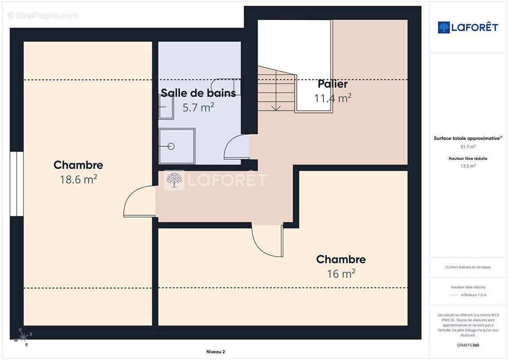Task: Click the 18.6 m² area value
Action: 78,180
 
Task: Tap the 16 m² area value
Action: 341,274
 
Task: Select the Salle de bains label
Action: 198,93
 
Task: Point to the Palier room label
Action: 333,84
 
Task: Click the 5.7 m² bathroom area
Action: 198,108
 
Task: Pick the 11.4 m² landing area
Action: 333,98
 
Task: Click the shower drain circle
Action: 171,146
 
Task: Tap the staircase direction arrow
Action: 276,106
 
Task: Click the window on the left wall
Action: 17,184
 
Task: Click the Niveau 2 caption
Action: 215,352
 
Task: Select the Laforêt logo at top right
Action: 468,27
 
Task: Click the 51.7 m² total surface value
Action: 468,147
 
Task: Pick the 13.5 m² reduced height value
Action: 468,166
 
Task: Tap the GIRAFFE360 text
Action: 468,345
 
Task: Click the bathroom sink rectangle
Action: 166,107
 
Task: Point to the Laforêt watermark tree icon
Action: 174,180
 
